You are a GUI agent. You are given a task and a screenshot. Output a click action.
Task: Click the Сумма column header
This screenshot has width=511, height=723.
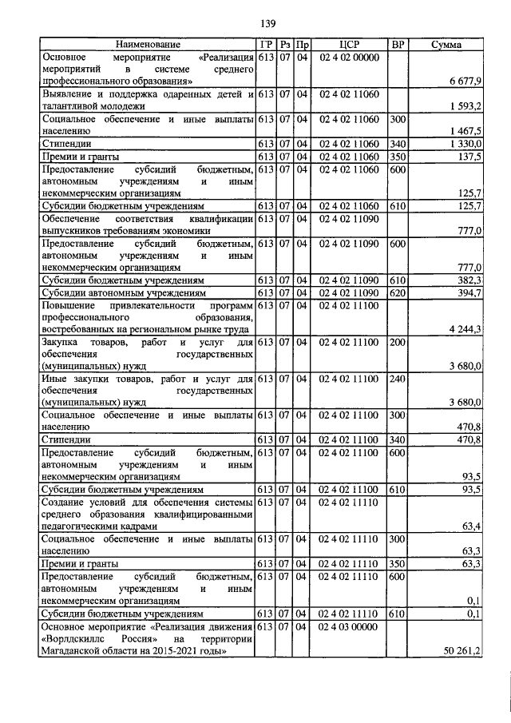(x=446, y=45)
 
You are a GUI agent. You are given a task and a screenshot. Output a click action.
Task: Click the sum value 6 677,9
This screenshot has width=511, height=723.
(x=465, y=81)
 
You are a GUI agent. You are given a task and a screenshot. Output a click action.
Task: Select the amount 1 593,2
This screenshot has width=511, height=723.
(x=465, y=105)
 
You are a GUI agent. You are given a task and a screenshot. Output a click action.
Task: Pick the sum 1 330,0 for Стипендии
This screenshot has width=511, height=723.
(x=465, y=143)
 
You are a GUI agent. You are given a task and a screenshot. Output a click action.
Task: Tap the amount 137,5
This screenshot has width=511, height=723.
(x=469, y=156)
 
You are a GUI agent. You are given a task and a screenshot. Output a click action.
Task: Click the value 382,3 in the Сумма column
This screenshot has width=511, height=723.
(x=469, y=280)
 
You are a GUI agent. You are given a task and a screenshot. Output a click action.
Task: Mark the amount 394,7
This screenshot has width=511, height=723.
(x=469, y=293)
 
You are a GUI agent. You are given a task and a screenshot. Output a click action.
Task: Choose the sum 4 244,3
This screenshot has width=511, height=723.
(x=465, y=329)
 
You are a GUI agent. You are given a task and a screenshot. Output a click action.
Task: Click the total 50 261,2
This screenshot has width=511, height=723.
(x=463, y=652)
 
